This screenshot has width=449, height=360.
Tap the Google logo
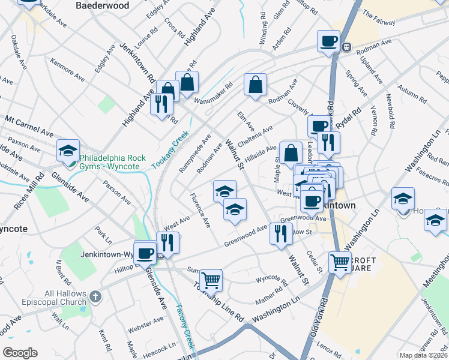click(x=20, y=353)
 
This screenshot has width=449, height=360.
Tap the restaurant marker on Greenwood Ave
click(x=281, y=233)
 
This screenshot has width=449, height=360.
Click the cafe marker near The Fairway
click(x=328, y=41)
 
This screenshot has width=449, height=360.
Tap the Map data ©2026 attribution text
click(x=423, y=355)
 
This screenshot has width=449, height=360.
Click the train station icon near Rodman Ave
click(x=346, y=47)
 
